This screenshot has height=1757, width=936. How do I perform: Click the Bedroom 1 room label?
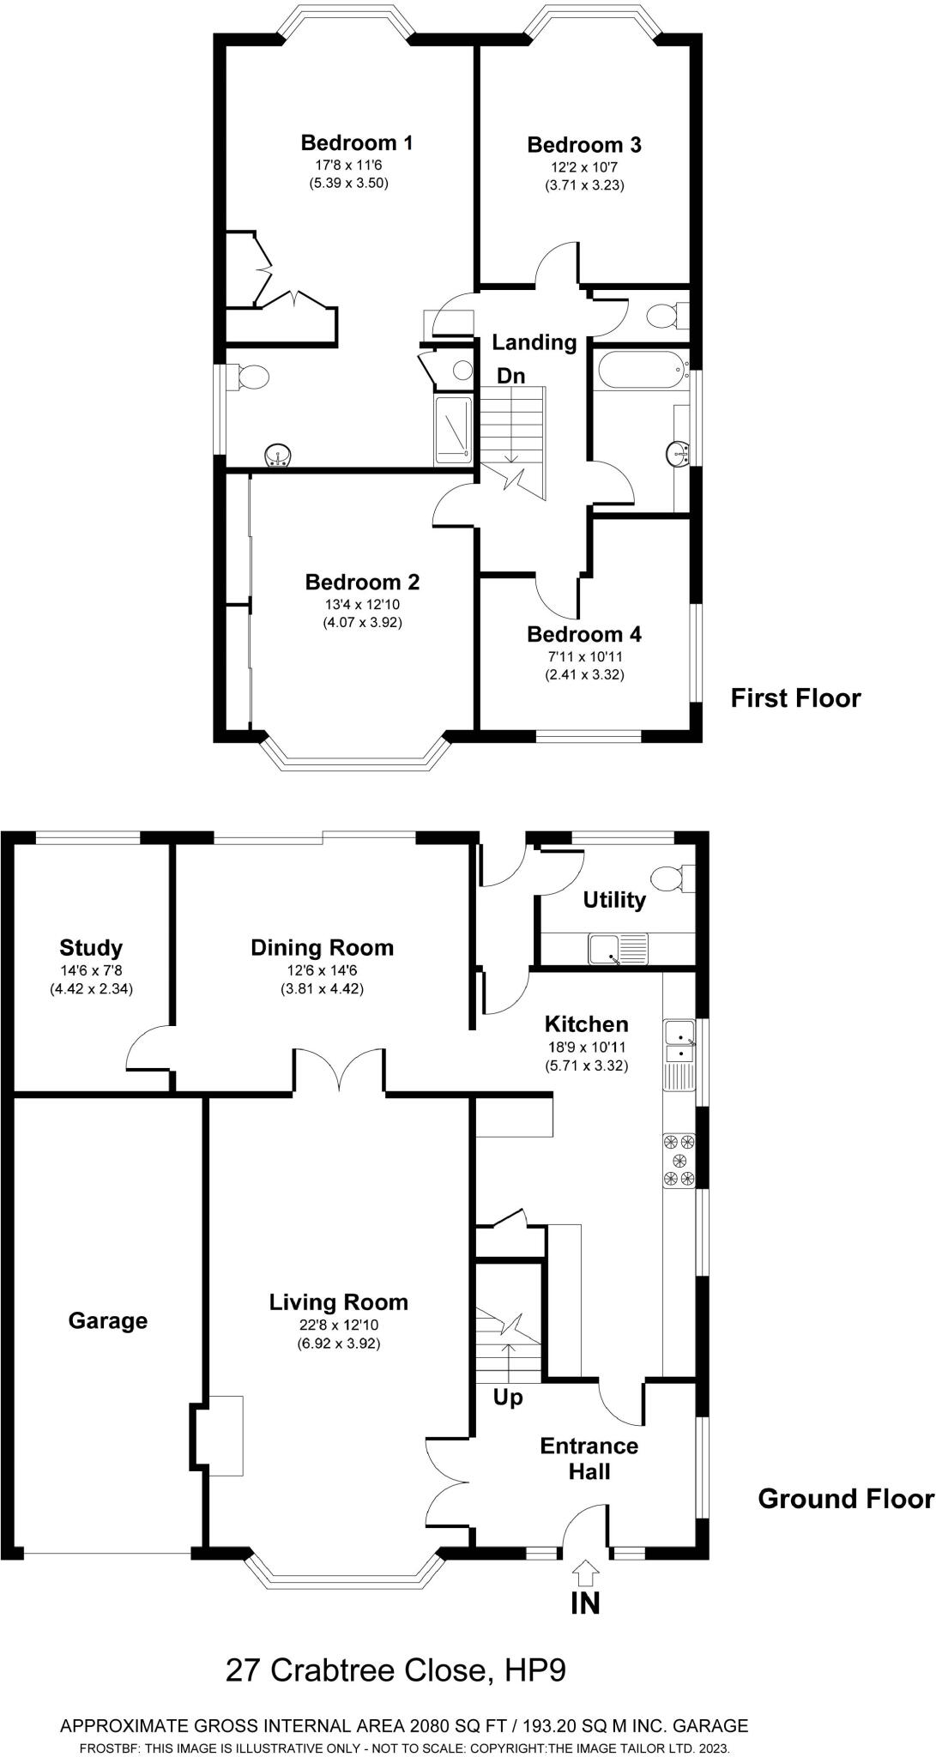pyautogui.click(x=357, y=142)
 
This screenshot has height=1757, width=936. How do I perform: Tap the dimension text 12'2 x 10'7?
pyautogui.click(x=583, y=169)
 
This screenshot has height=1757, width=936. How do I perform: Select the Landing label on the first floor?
pyautogui.click(x=534, y=342)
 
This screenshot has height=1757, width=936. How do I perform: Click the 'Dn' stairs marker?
pyautogui.click(x=511, y=376)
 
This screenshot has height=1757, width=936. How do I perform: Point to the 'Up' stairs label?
pyautogui.click(x=508, y=1398)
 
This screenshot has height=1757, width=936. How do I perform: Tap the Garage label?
pyautogui.click(x=108, y=1320)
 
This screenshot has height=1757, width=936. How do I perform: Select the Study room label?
pyautogui.click(x=91, y=948)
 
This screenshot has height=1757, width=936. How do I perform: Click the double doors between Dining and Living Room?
pyautogui.click(x=340, y=1070)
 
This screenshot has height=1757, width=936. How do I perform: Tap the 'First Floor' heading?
pyautogui.click(x=795, y=698)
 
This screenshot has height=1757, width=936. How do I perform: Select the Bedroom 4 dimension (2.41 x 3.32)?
pyautogui.click(x=584, y=674)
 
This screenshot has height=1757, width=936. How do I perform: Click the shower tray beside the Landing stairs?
pyautogui.click(x=453, y=429)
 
